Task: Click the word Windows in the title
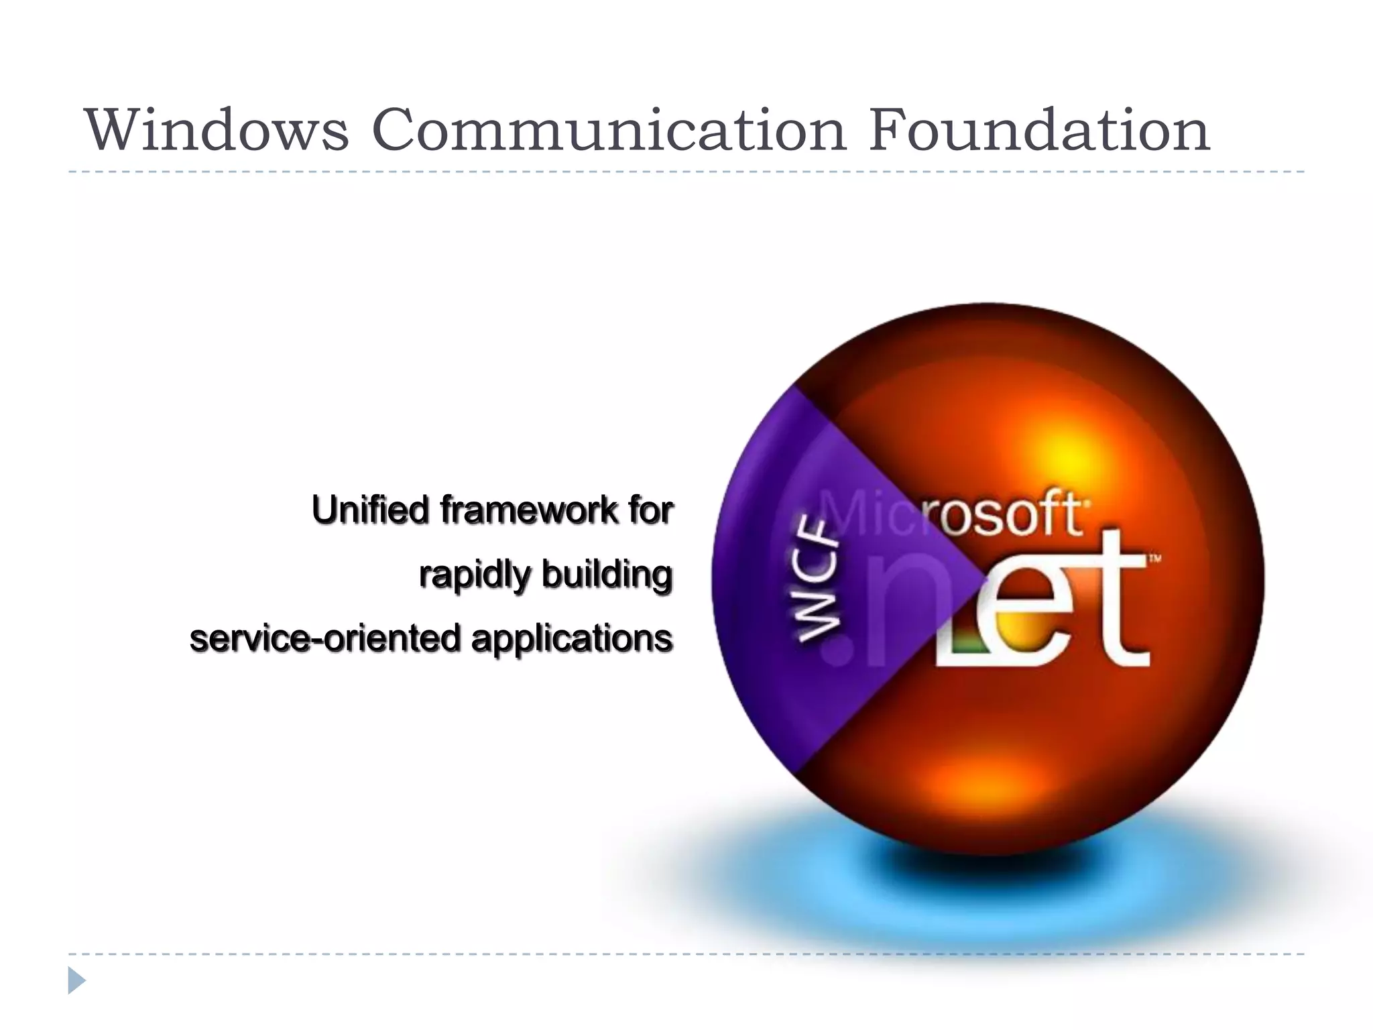[x=217, y=129]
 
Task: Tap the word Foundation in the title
[x=1039, y=129]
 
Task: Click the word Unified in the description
[x=370, y=510]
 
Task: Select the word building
[x=607, y=575]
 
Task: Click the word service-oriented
[x=325, y=638]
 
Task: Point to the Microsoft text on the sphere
[x=952, y=515]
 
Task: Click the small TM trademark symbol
[x=1155, y=558]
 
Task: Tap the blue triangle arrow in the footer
[x=76, y=981]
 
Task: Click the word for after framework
[x=650, y=510]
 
